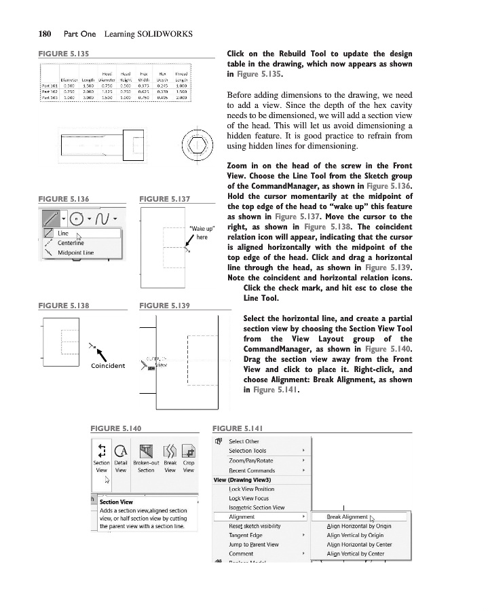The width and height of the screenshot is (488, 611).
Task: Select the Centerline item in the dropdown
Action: click(x=70, y=242)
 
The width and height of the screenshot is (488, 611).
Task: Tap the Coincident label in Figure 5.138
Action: click(x=107, y=366)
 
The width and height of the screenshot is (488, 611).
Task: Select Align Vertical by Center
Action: click(x=355, y=554)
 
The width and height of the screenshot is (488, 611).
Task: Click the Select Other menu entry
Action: click(x=244, y=441)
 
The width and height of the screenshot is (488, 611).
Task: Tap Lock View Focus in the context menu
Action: click(x=248, y=498)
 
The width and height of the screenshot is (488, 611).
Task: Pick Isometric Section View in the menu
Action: click(x=257, y=507)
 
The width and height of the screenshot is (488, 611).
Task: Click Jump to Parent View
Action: click(x=253, y=544)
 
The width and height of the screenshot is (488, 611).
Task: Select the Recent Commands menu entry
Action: click(x=252, y=470)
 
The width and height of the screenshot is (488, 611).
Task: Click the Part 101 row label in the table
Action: click(x=50, y=86)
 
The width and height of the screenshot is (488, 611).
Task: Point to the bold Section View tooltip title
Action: click(x=116, y=502)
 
